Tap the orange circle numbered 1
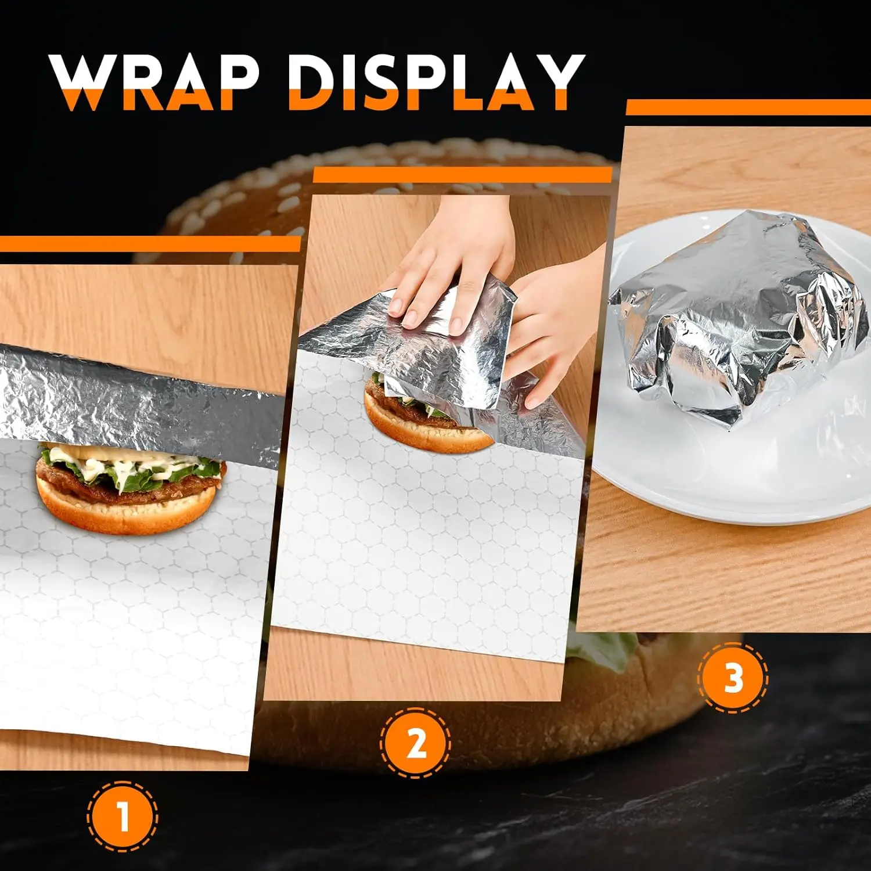click(123, 816)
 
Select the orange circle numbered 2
click(416, 743)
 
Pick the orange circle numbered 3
click(733, 677)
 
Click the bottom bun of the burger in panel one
click(125, 511)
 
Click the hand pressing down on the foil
click(447, 261)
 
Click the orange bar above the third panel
click(748, 107)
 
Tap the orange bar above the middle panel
click(462, 175)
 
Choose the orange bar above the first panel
click(150, 244)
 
